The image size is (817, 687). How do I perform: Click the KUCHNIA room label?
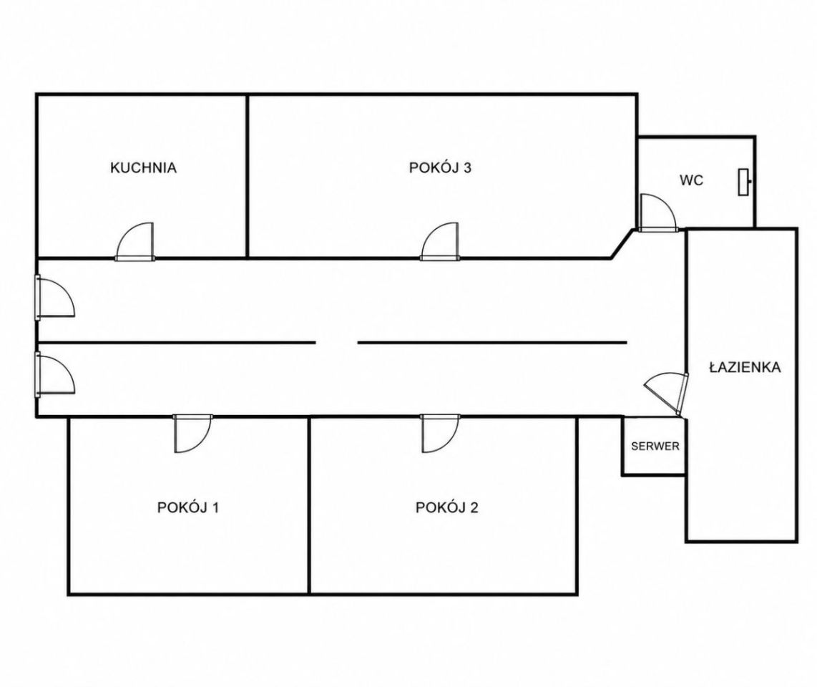(x=143, y=168)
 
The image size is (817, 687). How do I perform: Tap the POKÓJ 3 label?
(x=440, y=168)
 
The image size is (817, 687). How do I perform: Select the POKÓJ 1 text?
(x=188, y=507)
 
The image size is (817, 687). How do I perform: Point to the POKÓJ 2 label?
(x=446, y=507)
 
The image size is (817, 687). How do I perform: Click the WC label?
(x=691, y=180)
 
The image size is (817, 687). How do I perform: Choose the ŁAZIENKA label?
(x=745, y=367)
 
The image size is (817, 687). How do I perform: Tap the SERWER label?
(x=655, y=446)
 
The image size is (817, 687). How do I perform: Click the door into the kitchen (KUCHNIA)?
(x=135, y=242)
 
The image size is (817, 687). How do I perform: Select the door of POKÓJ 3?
(x=440, y=242)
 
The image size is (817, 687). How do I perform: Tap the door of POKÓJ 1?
(x=192, y=434)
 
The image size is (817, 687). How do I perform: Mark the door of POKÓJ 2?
(x=440, y=434)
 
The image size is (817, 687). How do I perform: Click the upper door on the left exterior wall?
(x=54, y=297)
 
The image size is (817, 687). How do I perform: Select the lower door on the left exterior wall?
(x=54, y=374)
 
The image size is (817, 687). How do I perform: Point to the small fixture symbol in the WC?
(x=745, y=182)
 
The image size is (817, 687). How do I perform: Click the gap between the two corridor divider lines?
(x=336, y=343)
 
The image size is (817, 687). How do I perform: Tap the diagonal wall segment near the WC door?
(x=623, y=243)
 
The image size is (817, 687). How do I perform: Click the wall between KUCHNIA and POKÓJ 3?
(x=247, y=176)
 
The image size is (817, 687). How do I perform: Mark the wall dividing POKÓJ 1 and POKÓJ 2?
(x=310, y=506)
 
